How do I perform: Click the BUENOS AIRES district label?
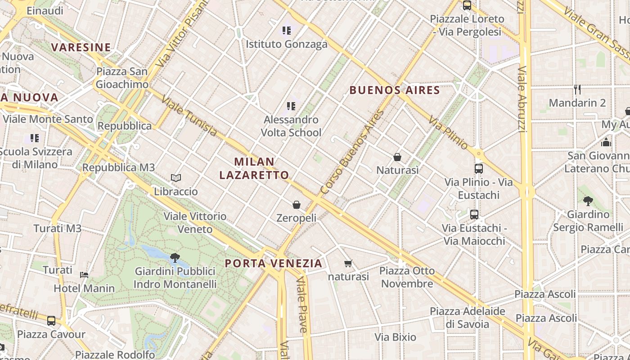395,90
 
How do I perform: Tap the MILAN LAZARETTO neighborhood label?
254,168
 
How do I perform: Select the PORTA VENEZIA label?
274,263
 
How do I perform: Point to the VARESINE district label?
81,47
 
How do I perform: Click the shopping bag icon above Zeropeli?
297,205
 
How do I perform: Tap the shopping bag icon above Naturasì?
397,157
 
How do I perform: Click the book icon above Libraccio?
176,178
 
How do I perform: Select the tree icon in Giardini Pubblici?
175,258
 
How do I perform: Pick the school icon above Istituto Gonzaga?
287,31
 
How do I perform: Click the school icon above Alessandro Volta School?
291,106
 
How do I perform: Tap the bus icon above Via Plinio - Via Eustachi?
479,169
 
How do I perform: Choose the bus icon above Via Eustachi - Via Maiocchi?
474,215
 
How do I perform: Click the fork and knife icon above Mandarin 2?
577,90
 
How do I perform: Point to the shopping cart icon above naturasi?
348,263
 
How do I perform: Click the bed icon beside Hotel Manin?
84,274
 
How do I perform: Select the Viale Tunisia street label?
189,116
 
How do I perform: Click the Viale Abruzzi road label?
522,99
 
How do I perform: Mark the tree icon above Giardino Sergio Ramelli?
588,201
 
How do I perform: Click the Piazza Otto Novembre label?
407,277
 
